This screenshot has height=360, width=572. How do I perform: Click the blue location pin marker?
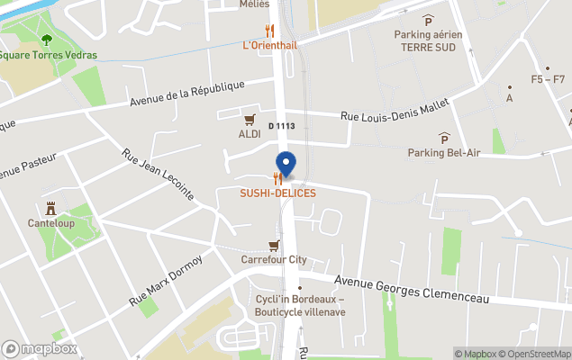286,165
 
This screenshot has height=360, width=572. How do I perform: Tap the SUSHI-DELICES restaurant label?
277,193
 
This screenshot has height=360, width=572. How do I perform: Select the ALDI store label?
250,134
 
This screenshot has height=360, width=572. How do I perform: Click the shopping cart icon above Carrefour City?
274,245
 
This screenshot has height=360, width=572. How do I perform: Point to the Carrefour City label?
274,260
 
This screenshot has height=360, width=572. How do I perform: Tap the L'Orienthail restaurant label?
269,45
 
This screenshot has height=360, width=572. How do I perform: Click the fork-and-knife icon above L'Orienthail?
269,30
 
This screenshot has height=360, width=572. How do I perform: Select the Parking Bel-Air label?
444,152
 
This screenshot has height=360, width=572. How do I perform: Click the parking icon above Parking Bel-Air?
444,137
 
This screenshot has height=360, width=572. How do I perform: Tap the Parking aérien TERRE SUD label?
428,40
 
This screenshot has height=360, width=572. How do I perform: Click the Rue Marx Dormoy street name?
166,278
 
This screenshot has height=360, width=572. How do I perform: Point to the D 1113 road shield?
282,126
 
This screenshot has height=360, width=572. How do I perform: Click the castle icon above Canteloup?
50,207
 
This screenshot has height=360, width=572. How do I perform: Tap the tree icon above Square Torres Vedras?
46,40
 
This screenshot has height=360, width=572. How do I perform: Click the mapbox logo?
40,348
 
